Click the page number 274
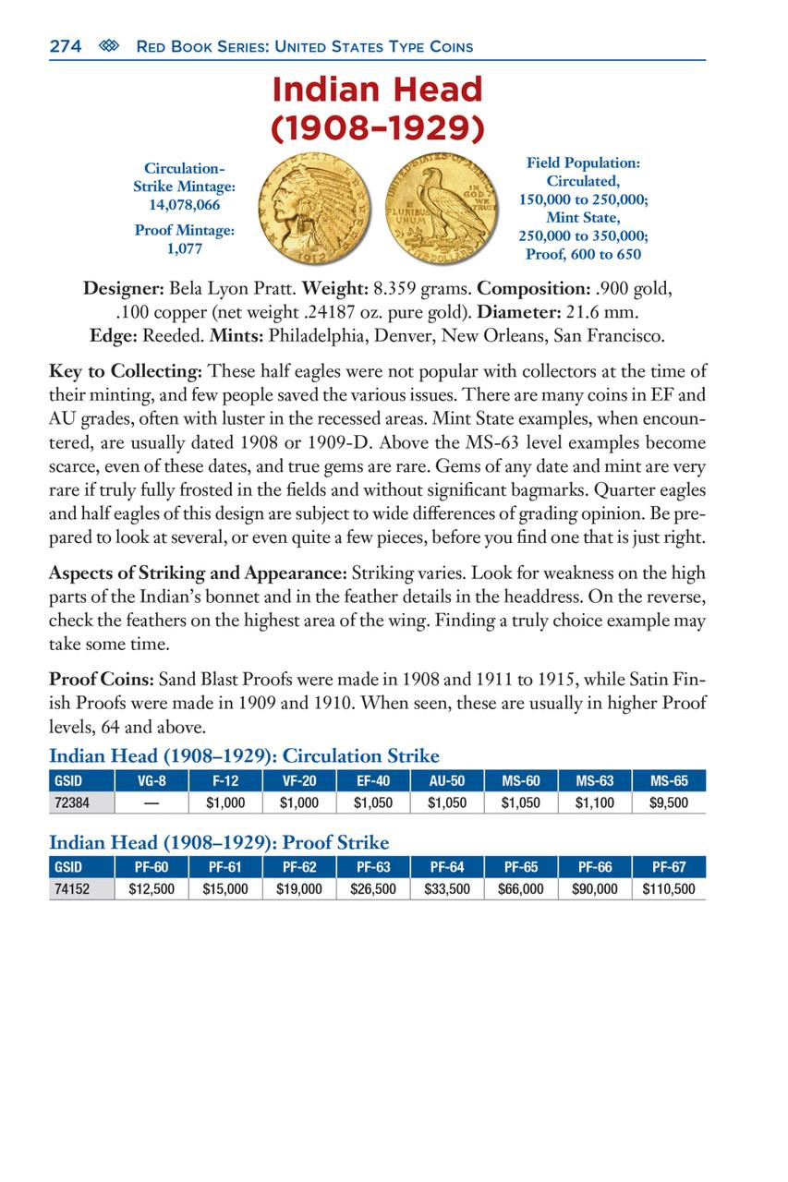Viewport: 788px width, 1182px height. pos(64,46)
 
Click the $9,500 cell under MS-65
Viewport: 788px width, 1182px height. pos(669,802)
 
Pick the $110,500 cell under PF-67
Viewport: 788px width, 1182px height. pos(669,890)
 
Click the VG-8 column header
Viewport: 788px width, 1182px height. pos(152,780)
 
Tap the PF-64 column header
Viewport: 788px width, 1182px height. pos(447,868)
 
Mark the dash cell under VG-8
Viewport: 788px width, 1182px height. pos(152,802)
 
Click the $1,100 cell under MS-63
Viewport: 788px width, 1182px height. pos(595,802)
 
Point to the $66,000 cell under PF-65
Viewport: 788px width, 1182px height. pos(521,890)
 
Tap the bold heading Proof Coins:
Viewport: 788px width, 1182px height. pos(102,681)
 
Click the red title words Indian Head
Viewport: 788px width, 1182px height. pos(377,90)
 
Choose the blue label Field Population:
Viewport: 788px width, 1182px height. pos(583,163)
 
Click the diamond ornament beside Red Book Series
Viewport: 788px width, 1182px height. pos(107,46)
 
